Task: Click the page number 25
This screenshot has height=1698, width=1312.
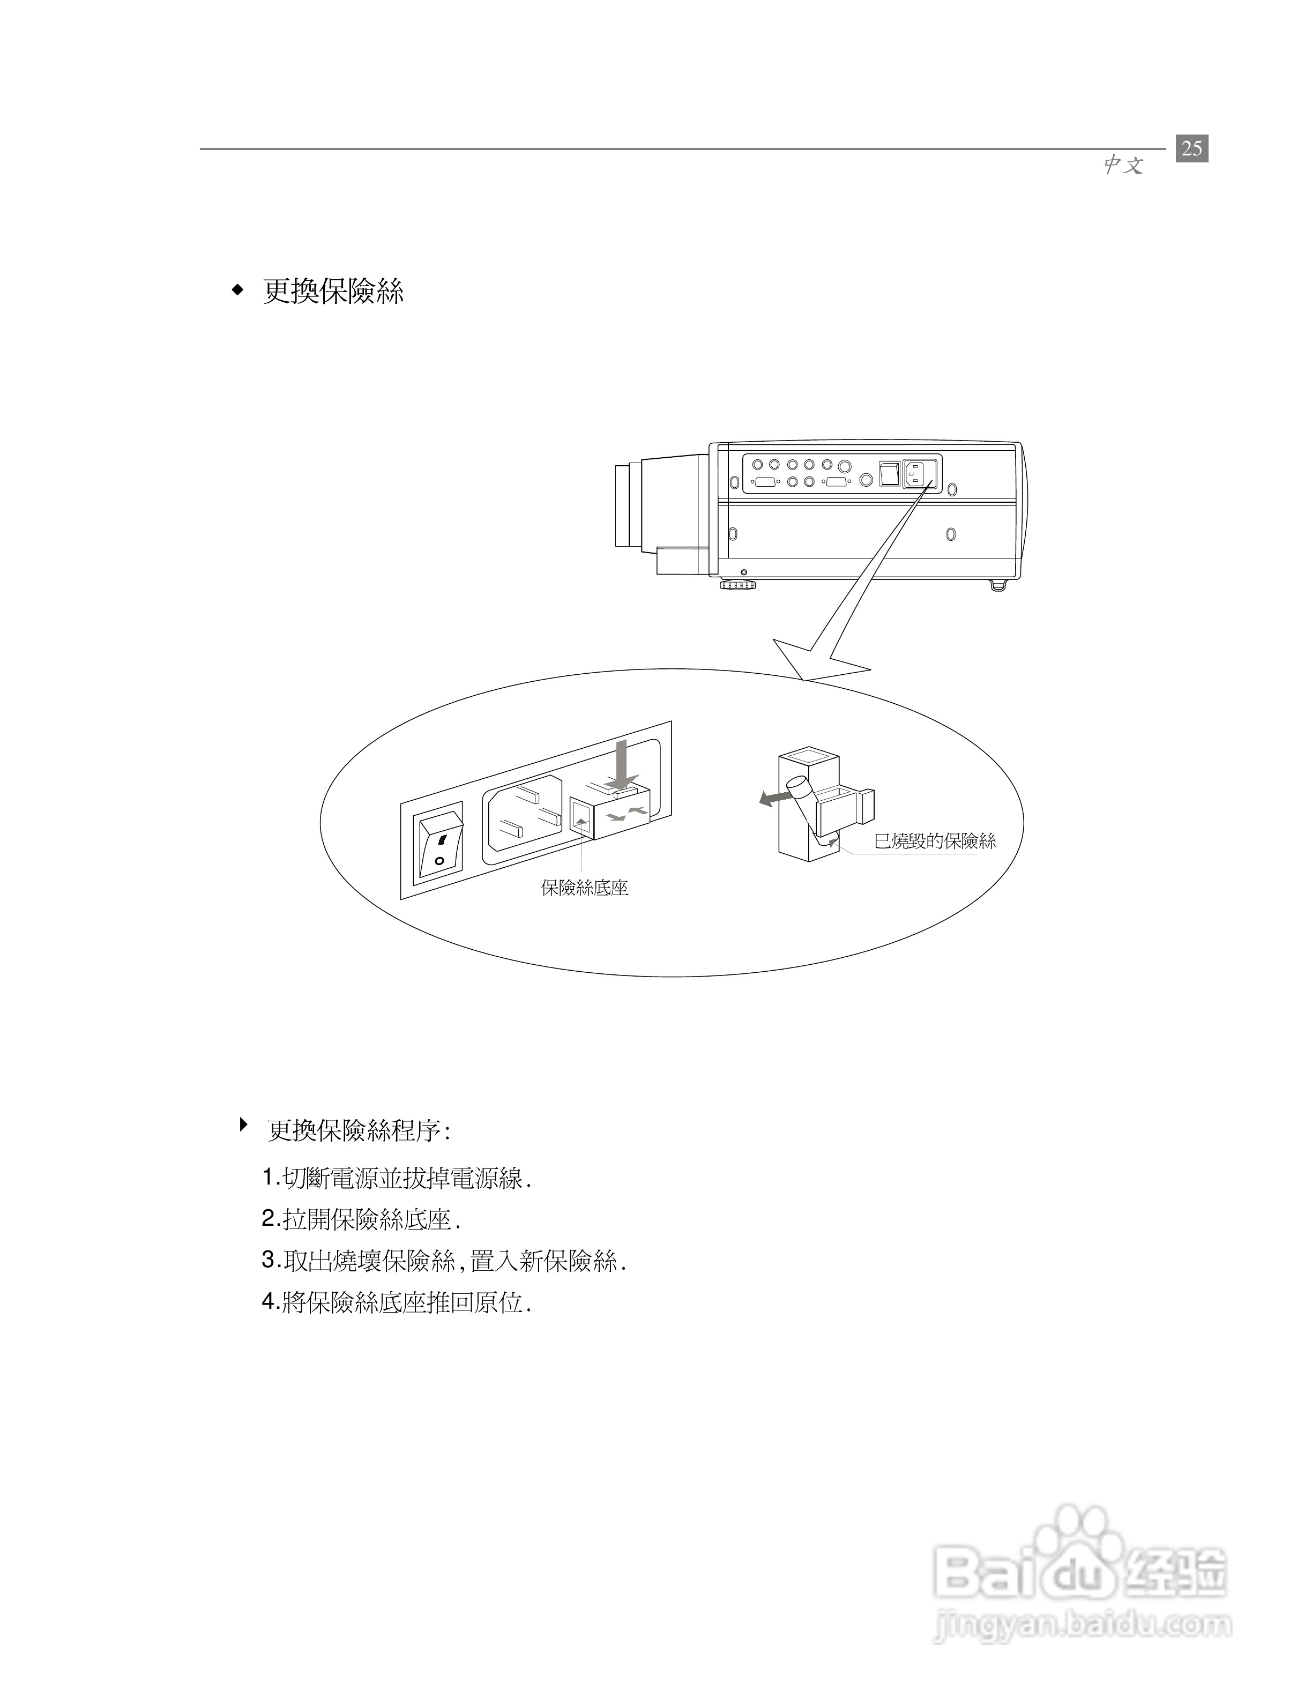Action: coord(1191,148)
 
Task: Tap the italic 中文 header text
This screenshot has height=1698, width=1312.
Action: coord(1123,165)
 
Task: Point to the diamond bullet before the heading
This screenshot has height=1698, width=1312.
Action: coord(238,292)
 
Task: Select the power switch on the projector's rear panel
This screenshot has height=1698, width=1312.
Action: coord(889,473)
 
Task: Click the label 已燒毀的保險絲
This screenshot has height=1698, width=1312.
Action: coord(935,840)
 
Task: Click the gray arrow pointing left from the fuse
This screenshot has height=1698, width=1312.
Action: coord(772,799)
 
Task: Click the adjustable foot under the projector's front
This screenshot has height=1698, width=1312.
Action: coord(737,585)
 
